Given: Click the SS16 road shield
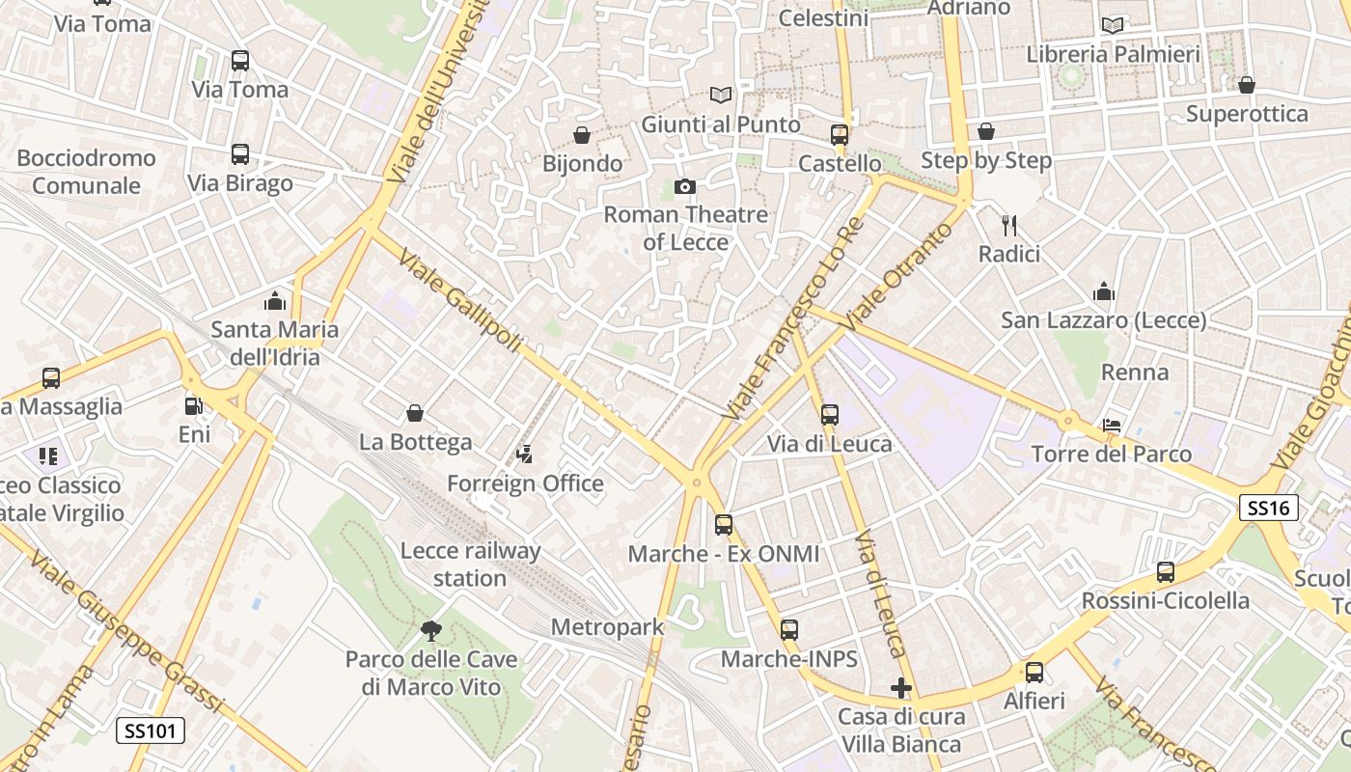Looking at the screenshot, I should click(x=1269, y=508).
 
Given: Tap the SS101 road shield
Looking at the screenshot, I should click(x=151, y=731).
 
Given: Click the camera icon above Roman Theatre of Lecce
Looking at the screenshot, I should click(x=685, y=186).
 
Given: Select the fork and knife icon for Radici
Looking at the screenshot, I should click(x=1009, y=226).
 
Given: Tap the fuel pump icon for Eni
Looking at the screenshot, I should click(x=194, y=406).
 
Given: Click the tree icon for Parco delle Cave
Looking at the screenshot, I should click(x=431, y=631).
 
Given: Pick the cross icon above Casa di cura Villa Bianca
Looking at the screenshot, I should click(x=901, y=688).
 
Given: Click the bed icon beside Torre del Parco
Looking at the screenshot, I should click(x=1112, y=426).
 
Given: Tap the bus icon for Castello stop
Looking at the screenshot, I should click(x=840, y=135).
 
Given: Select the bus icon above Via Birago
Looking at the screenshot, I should click(x=240, y=154).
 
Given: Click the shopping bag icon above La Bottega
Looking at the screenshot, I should click(x=415, y=413).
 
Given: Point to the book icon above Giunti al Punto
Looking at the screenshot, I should click(x=721, y=95).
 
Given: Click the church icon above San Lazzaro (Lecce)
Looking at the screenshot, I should click(x=1104, y=291).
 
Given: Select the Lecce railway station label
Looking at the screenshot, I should click(x=470, y=565).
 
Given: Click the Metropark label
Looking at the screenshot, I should click(x=607, y=627).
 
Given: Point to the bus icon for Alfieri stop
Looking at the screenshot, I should click(x=1034, y=673).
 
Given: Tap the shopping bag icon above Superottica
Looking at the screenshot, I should click(x=1247, y=85).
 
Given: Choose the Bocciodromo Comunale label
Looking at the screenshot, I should click(x=86, y=172).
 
